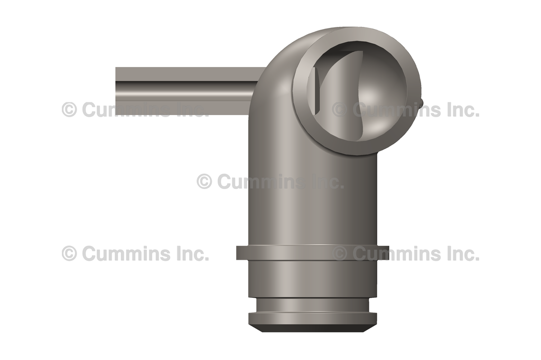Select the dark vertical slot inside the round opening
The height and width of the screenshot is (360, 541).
(316, 92)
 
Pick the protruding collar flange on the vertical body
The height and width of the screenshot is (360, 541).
(312, 253)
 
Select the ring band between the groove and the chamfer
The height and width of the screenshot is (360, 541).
(312, 318)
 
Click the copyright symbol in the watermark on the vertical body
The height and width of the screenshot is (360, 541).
(204, 182)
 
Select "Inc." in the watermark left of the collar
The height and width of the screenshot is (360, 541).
(191, 254)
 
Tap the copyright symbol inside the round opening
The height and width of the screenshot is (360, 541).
(340, 110)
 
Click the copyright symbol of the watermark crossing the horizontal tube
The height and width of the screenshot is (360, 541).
(69, 110)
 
